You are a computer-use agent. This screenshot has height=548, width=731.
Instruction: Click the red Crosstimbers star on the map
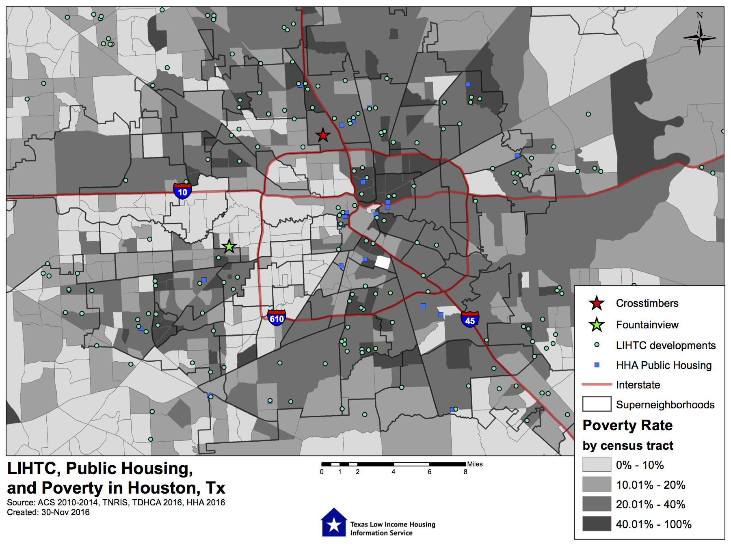[323, 135]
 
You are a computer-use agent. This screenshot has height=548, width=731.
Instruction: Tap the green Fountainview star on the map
[229, 246]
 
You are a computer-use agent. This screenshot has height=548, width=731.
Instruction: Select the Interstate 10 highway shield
[182, 191]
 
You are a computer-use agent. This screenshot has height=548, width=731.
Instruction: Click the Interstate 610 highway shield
[277, 317]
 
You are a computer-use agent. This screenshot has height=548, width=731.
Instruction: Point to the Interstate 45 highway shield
[470, 319]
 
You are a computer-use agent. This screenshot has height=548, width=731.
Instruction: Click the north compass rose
[699, 37]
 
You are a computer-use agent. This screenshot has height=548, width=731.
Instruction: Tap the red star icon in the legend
[597, 303]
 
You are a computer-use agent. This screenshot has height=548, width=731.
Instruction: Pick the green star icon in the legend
[597, 325]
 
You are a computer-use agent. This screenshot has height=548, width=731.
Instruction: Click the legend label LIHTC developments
[666, 345]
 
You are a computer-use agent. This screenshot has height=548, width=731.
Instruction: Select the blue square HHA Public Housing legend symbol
[597, 365]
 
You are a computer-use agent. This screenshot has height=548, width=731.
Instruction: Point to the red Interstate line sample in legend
[597, 384]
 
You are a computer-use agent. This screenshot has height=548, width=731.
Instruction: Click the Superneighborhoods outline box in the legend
[597, 404]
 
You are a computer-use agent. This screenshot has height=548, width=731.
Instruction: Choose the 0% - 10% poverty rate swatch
[597, 464]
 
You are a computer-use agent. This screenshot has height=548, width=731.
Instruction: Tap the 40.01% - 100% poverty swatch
[597, 524]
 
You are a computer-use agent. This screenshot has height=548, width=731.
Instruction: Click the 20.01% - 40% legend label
[651, 504]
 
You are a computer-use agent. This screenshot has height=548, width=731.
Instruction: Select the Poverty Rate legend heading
[627, 425]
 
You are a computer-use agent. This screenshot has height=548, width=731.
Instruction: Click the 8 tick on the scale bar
[465, 472]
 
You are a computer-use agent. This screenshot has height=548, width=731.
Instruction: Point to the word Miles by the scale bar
[475, 464]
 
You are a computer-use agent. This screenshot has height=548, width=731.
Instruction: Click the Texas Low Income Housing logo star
[334, 524]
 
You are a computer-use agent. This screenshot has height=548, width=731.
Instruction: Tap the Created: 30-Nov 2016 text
[48, 512]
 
